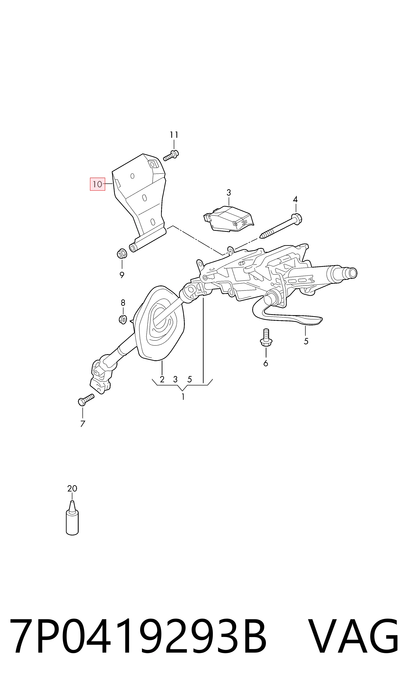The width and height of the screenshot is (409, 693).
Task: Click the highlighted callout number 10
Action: (98, 184)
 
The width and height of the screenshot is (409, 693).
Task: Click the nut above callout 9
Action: (121, 254)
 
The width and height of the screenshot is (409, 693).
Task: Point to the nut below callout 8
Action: (123, 320)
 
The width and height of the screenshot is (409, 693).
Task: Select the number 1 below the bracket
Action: (183, 397)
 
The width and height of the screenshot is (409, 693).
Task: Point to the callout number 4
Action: (295, 199)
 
